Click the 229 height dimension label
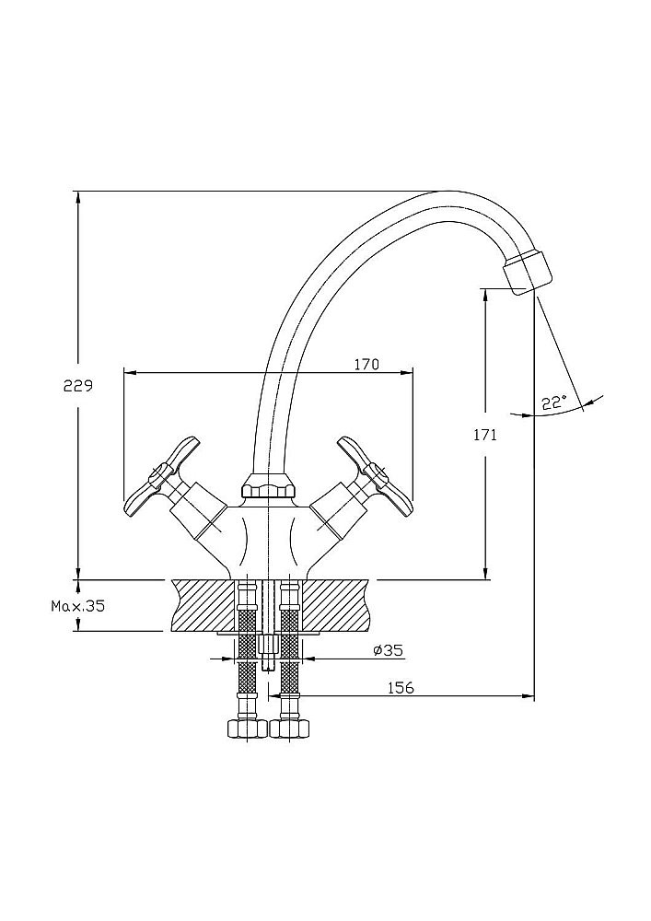coord(78,388)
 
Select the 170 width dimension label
coord(366,365)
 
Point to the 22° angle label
coord(554,402)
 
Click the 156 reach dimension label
coord(400,687)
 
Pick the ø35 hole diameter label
coord(388,650)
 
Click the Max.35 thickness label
coord(78,606)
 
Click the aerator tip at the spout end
coord(529,273)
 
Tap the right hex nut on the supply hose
coord(292,728)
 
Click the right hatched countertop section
coord(336,605)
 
